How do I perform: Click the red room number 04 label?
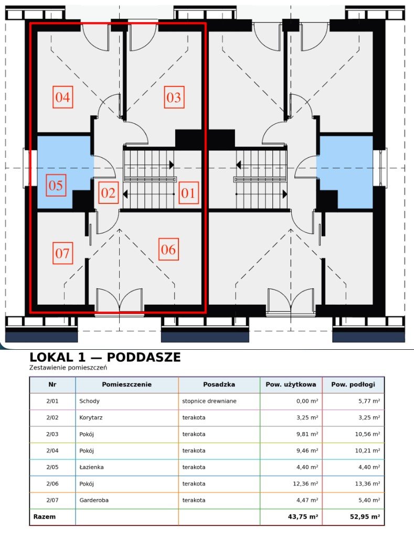pos(63,97)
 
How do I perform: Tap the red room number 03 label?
pos(174,97)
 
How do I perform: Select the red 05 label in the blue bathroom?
pos(56,185)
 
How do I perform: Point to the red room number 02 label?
pos(108,193)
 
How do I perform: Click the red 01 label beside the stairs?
pos(188,193)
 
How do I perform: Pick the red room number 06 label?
pos(168,249)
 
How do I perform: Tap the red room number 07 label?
pos(63,253)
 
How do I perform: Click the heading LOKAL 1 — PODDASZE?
pos(105,357)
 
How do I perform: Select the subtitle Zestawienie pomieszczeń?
pos(68,368)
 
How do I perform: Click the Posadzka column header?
pos(219,384)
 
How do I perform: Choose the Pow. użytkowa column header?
pos(291,384)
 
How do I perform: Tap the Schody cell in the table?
pos(89,401)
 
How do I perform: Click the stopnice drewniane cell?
pos(209,401)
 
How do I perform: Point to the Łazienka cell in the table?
pos(91,467)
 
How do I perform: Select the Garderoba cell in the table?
pos(94,500)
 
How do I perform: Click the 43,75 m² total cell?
pos(303,517)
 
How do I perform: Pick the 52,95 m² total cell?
pos(365,517)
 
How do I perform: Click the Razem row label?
pos(44,517)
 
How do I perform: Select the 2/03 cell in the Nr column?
pos(52,434)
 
